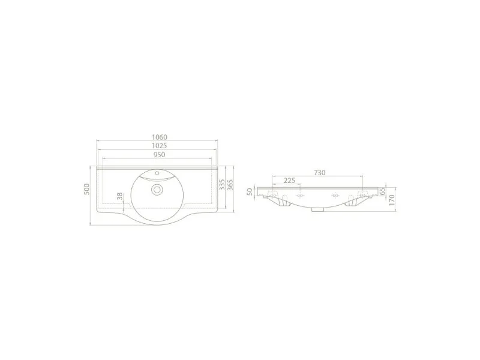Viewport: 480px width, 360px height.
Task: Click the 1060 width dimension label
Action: coord(160,137)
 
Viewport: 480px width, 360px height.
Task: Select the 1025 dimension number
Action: coord(160,146)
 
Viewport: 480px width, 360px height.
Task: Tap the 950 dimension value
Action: coord(159,155)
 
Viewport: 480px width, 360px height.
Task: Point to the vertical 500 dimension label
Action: coord(86,189)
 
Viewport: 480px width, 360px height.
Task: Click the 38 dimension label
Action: coord(119,196)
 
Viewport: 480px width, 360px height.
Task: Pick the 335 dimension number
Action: coord(222,185)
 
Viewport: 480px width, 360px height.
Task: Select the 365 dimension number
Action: coord(230,185)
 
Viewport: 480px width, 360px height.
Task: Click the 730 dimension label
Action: coord(319,173)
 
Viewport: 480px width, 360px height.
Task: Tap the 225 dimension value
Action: coord(289,181)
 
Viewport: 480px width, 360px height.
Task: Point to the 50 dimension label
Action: coord(250,191)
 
